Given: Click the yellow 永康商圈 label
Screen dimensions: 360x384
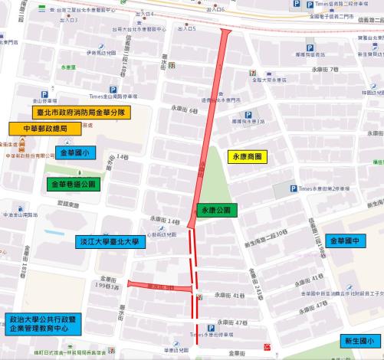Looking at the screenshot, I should (x=248, y=157).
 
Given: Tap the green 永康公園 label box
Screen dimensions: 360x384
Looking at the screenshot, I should (x=218, y=209).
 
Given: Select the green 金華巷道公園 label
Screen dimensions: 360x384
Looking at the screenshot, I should (x=73, y=185).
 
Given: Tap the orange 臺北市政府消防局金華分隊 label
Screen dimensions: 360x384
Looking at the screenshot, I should (x=80, y=113).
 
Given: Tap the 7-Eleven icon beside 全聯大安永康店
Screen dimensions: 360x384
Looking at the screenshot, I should (x=252, y=70).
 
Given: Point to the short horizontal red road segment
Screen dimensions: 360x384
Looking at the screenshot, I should (x=158, y=285).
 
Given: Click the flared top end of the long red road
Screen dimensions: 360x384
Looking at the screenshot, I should (x=224, y=33).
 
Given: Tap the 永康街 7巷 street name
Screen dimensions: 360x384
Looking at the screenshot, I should (x=324, y=70).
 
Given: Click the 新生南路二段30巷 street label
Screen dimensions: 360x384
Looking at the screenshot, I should (x=266, y=232).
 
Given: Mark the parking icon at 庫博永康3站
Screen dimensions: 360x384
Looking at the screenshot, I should (x=248, y=115).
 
